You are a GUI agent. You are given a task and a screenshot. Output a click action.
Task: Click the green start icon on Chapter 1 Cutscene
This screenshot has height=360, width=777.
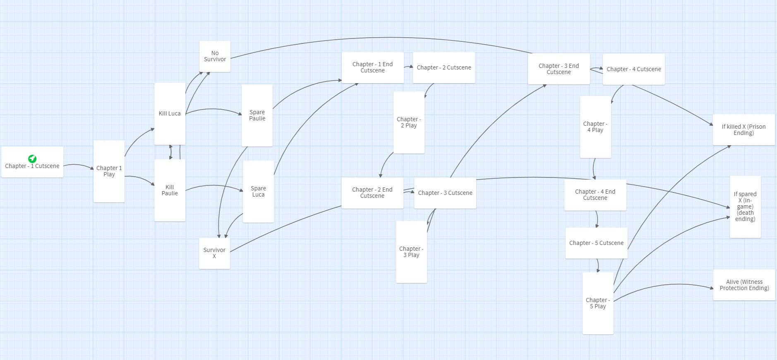point(32,158)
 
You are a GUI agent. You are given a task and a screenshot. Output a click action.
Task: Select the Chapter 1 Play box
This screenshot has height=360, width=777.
point(109,171)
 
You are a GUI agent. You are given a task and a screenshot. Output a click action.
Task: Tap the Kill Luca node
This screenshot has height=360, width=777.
point(170,114)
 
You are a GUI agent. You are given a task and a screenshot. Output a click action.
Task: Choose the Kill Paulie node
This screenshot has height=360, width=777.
point(170,190)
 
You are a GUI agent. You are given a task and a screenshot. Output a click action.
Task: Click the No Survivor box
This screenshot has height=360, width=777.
point(215,56)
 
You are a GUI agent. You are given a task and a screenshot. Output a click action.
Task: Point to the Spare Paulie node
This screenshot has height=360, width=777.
point(257,115)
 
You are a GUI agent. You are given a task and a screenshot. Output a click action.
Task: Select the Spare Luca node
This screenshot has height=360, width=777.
point(258,192)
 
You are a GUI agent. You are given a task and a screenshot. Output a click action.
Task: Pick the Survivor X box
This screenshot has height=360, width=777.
point(214,253)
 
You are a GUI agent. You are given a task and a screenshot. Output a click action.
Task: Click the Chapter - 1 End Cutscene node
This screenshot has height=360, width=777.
point(372,67)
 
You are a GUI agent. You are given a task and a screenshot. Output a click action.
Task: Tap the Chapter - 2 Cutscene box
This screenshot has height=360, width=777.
point(444,68)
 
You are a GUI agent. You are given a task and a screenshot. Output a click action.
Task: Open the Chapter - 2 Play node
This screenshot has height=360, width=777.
point(409,122)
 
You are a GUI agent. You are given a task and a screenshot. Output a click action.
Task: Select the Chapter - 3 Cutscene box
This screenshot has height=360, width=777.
point(445,193)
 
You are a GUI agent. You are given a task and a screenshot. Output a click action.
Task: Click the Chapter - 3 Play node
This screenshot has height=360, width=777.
point(411,252)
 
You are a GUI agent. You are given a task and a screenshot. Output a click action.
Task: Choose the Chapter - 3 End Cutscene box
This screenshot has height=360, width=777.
point(559,69)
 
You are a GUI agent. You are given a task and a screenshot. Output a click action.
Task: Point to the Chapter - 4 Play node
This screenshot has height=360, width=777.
point(595,127)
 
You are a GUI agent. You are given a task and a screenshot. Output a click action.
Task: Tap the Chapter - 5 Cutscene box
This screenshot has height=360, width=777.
point(596,243)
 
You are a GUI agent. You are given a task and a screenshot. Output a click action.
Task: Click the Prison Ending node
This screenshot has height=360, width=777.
point(743,130)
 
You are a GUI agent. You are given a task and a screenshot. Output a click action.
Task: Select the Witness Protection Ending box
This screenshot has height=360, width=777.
point(744,285)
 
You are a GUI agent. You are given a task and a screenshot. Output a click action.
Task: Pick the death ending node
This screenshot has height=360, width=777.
point(745,206)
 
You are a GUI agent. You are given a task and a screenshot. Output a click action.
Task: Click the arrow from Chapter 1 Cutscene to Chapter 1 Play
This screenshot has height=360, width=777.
point(79,165)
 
